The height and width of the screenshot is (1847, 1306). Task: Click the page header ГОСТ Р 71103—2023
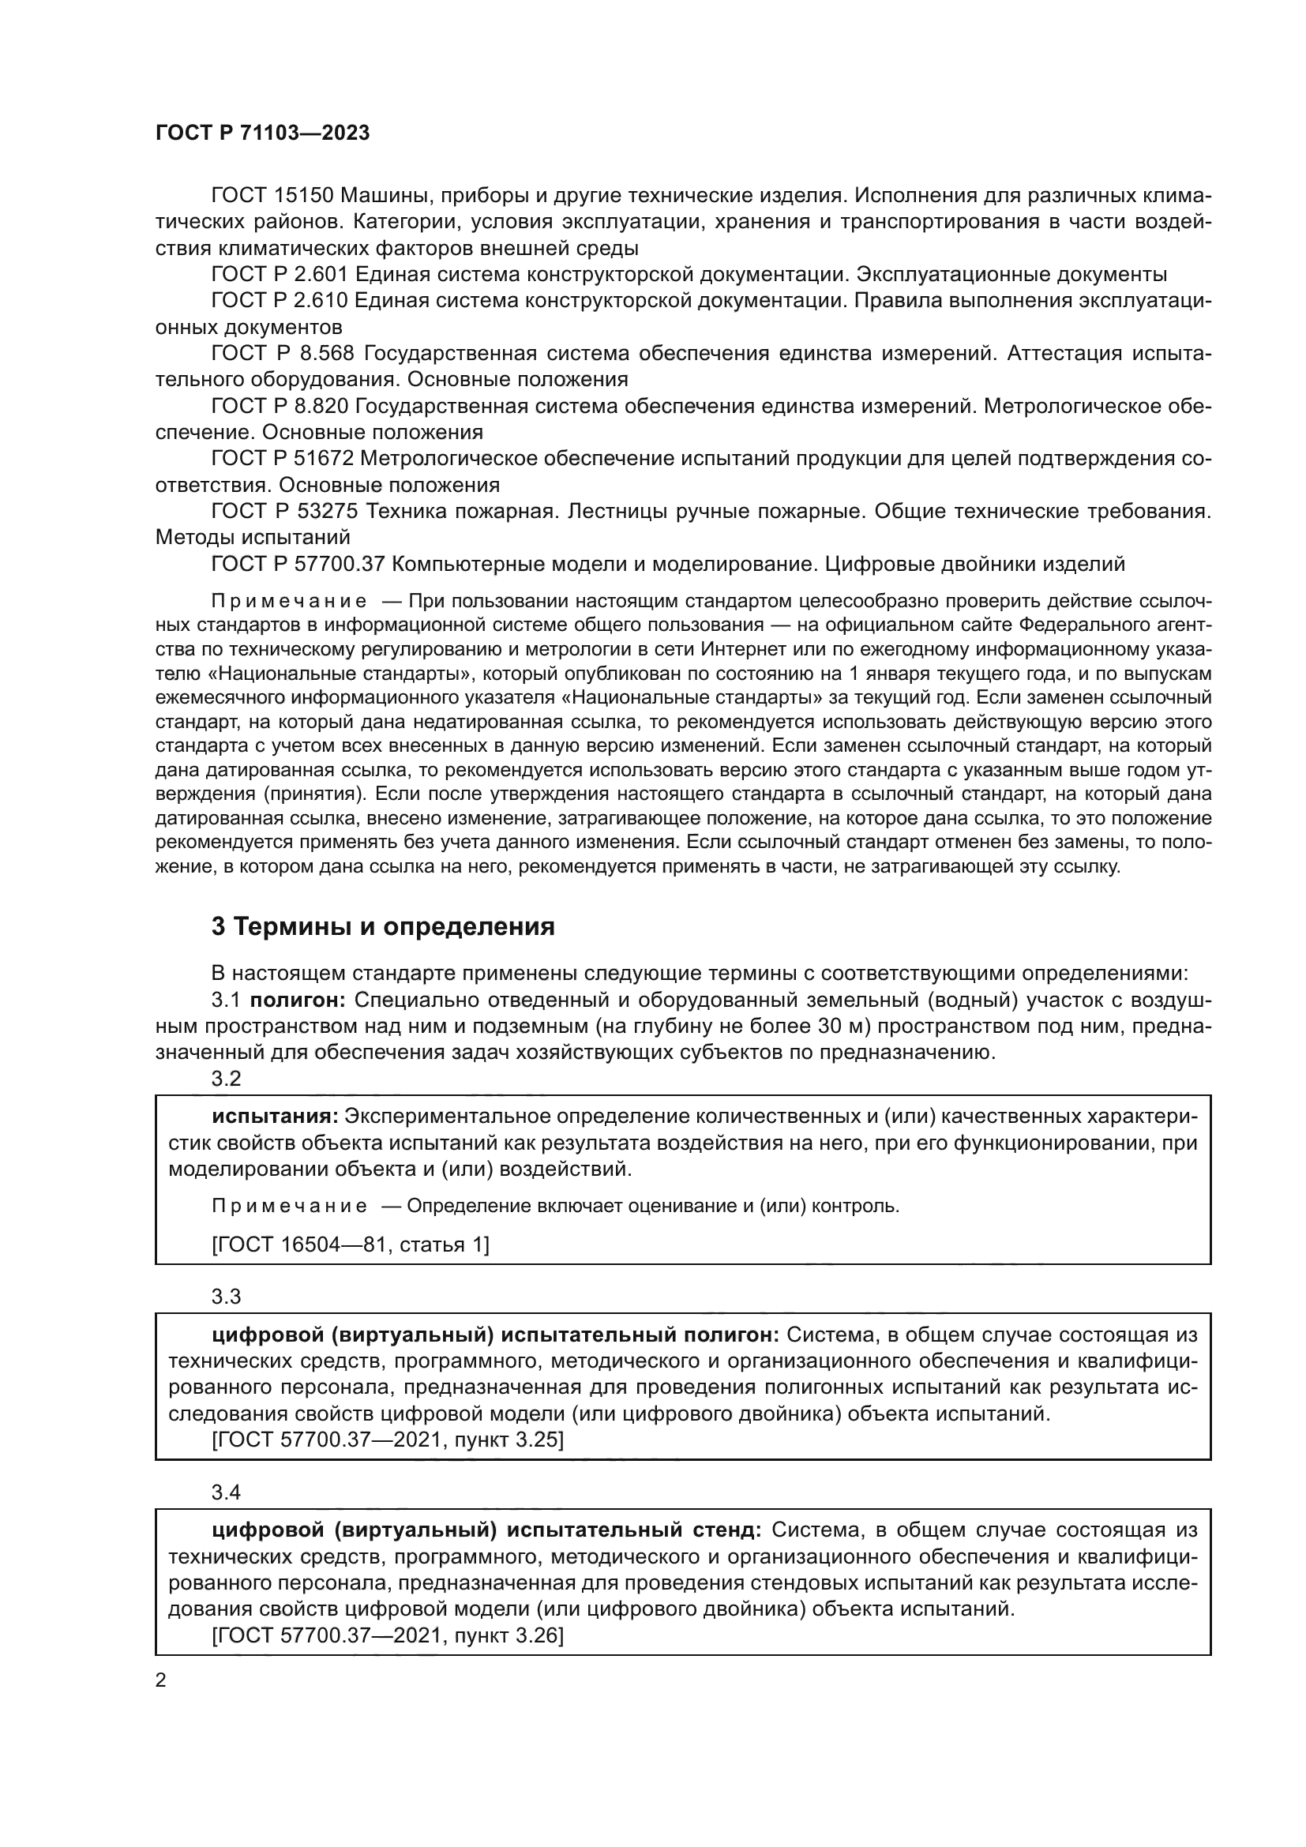(262, 133)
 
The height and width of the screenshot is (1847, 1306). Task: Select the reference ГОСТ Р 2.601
(278, 275)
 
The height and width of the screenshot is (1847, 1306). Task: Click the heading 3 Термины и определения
(383, 928)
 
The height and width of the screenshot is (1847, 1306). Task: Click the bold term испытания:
(274, 1117)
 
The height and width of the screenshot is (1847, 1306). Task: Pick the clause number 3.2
(226, 1079)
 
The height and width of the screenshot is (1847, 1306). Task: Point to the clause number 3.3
(226, 1297)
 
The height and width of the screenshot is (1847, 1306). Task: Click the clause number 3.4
(226, 1493)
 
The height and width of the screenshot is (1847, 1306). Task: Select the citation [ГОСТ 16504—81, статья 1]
(350, 1245)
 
